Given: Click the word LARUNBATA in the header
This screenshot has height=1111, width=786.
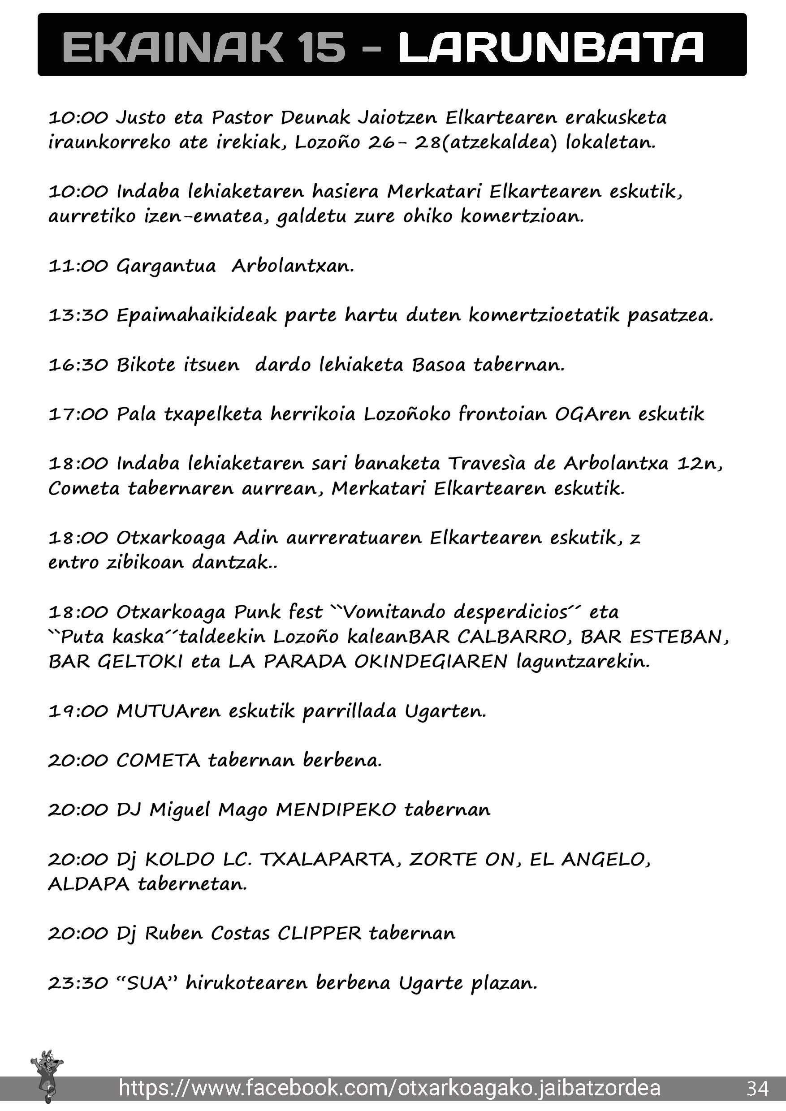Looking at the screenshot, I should (551, 47).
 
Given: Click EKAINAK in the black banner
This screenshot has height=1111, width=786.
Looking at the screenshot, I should (172, 47).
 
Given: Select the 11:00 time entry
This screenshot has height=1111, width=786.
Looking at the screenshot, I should (78, 266).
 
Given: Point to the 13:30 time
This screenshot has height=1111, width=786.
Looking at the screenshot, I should (78, 315).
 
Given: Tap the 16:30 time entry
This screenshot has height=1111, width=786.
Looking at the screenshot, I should (78, 365).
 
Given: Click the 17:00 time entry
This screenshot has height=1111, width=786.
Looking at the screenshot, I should (78, 414).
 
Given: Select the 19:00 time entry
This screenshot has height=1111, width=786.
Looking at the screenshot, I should (78, 711).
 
